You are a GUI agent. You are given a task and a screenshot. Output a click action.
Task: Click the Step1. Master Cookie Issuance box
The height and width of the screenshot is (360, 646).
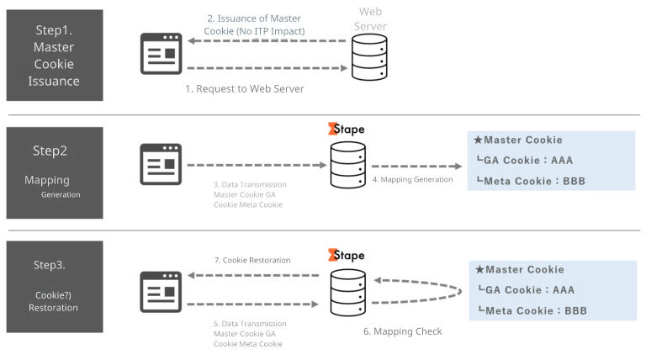coord(55,56)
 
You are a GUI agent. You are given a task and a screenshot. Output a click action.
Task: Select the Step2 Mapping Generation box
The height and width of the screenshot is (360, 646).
coord(55,172)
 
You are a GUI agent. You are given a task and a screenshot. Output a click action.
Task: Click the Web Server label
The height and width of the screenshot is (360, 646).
coord(370,19)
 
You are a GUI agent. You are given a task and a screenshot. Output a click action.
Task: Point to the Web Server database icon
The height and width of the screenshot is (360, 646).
coord(369,57)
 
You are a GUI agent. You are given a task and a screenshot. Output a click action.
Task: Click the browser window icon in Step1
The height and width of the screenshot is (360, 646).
coord(161,56)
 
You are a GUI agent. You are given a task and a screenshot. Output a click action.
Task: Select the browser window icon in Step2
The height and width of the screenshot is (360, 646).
coord(161,164)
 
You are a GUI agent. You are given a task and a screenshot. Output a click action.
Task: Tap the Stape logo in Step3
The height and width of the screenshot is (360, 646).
coord(347,255)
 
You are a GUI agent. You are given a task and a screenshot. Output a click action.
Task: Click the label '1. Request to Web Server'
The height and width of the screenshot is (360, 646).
coord(244,88)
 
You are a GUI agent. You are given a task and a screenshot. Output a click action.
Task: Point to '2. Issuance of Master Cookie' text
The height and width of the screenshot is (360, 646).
coord(254,24)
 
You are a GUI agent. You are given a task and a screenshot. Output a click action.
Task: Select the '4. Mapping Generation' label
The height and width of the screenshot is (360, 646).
coord(412,179)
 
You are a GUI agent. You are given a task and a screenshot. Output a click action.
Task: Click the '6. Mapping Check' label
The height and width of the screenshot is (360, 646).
coord(402,331)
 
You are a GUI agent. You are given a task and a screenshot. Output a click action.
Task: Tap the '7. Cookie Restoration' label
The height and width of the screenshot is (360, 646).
coord(252,260)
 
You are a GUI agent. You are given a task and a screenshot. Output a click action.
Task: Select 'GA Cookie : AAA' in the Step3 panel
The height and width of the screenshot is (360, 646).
coord(531,290)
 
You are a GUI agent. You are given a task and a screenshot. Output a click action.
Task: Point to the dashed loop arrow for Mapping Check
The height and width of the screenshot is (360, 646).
coord(421,290)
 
